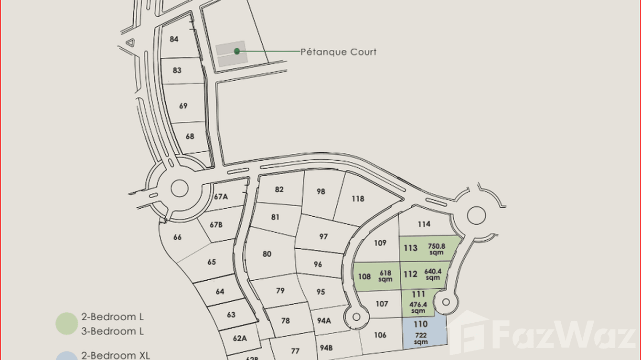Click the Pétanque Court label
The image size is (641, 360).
[x=338, y=52]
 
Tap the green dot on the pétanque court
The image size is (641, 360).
[x=237, y=51]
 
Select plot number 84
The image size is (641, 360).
[x=174, y=39]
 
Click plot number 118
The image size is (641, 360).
[x=358, y=199]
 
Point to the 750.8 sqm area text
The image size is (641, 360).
[x=436, y=249]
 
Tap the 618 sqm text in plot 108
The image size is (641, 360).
[x=385, y=276]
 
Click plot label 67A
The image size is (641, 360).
[x=221, y=196]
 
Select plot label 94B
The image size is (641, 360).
[x=326, y=348]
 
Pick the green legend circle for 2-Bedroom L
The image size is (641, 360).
[x=66, y=323]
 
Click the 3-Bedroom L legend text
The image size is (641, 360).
[x=112, y=331]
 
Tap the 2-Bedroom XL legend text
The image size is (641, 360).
[x=116, y=355]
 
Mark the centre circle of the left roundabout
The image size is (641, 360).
[x=179, y=188]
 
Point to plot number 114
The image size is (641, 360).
[x=424, y=224]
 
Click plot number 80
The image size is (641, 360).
[x=267, y=254]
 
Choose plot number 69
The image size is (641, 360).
[x=183, y=106]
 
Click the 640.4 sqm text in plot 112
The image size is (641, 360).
[x=432, y=275]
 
